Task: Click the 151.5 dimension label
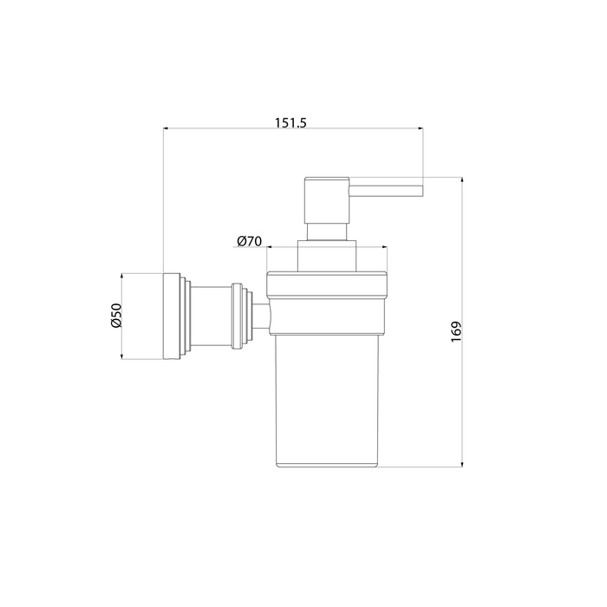[x=290, y=123]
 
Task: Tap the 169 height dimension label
[x=457, y=331]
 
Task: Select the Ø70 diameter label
[x=250, y=241]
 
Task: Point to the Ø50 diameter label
[x=116, y=316]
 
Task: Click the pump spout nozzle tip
[x=422, y=191]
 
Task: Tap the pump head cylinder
[x=327, y=200]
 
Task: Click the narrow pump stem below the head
[x=326, y=232]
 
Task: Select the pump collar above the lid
[x=326, y=256]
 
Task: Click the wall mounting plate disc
[x=171, y=317]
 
